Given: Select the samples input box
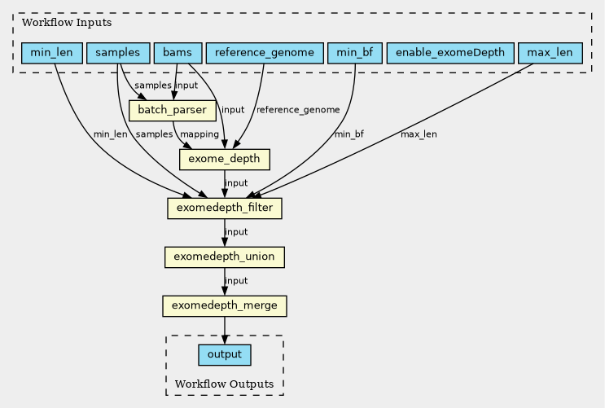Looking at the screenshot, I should (x=117, y=54).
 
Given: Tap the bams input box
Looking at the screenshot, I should (x=177, y=54).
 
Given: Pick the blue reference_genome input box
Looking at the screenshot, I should (x=265, y=54).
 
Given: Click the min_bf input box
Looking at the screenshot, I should (x=354, y=54).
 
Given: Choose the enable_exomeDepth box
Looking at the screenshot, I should (x=450, y=54).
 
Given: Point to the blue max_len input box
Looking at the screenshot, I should (x=550, y=54).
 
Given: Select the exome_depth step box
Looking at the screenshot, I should (x=224, y=159).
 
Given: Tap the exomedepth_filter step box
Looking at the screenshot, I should (x=224, y=208).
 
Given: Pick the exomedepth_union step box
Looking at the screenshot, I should (x=224, y=257).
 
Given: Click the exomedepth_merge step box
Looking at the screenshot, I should (x=224, y=306).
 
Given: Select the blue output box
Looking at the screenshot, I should (x=224, y=355).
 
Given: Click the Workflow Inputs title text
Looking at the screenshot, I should (x=55, y=22).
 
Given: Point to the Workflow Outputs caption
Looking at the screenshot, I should (x=224, y=383).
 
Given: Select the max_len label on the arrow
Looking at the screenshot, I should (x=419, y=134).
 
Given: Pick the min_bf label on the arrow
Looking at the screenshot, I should (x=349, y=134).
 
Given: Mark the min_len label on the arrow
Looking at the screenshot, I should (x=110, y=134).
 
